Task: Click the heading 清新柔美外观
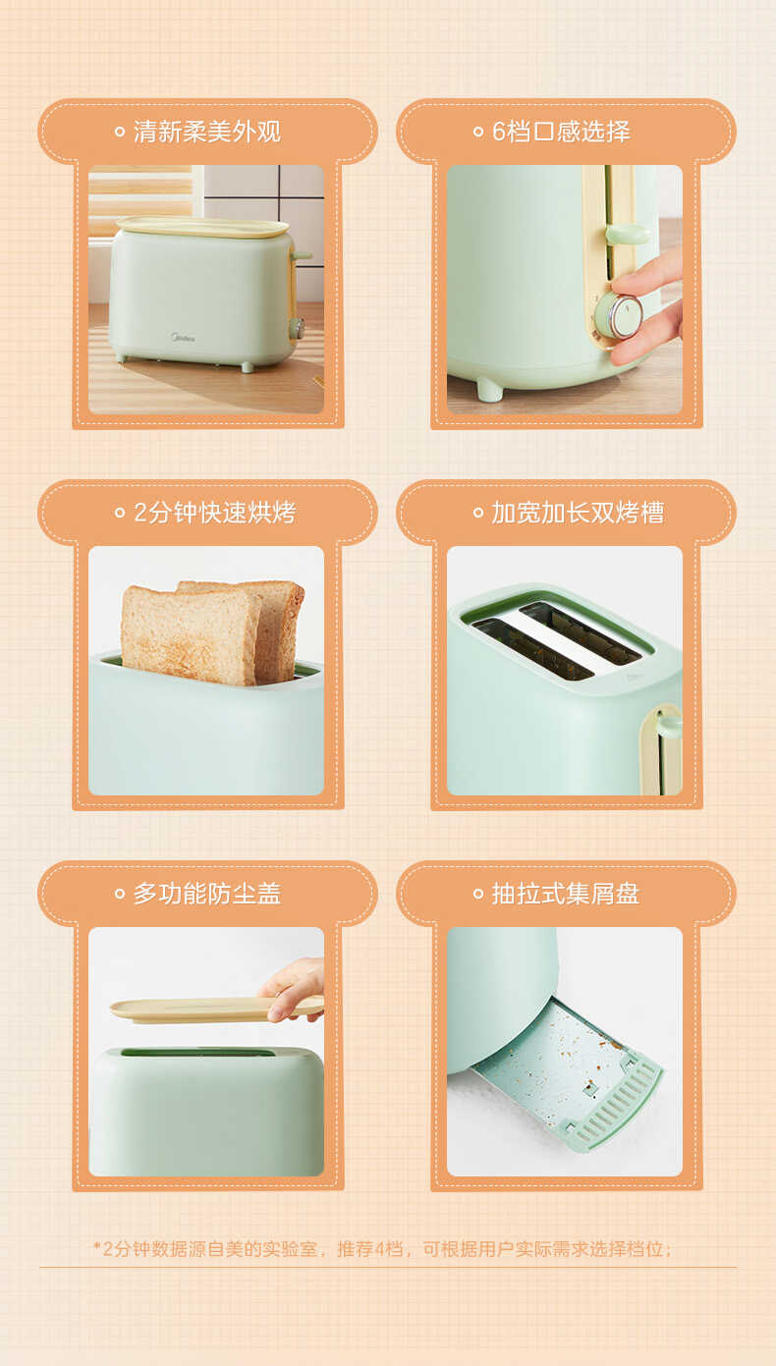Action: coord(207,132)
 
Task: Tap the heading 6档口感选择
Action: coord(561,132)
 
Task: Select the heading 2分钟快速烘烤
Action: coord(214,513)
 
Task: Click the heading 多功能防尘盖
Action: coord(207,894)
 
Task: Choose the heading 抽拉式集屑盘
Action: coord(566,894)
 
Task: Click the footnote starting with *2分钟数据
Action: coord(383,1249)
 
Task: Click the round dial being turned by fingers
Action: coord(619,315)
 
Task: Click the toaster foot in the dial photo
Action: coord(488,390)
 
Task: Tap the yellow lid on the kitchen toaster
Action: coord(202,227)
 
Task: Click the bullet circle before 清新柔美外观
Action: coord(120,132)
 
